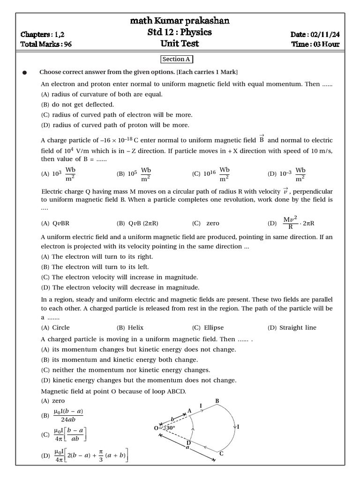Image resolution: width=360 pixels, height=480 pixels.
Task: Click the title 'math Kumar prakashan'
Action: click(180, 21)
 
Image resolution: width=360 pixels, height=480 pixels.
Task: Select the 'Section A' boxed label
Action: click(177, 59)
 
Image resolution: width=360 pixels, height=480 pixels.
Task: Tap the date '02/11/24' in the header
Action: click(324, 34)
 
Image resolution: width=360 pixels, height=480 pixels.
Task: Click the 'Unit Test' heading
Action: click(180, 44)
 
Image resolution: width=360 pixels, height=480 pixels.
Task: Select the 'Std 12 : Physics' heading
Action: click(180, 32)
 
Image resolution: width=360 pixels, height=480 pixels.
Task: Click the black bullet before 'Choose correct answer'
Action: click(24, 73)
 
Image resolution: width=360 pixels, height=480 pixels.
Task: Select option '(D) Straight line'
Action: click(292, 328)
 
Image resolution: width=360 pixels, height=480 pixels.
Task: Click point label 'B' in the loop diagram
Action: click(217, 401)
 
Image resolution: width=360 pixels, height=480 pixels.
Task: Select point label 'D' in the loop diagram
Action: click(188, 443)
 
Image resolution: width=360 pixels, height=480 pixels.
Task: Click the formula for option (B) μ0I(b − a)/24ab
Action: click(68, 415)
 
